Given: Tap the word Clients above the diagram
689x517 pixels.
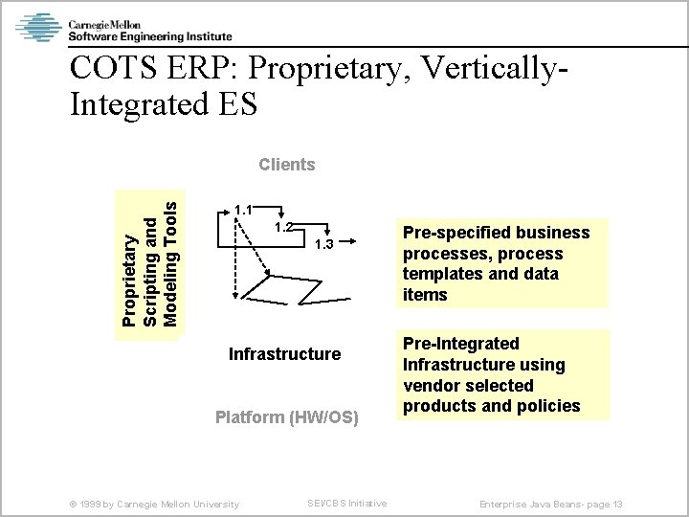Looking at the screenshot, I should pos(286,165).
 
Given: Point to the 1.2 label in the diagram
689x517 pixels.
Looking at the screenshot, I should pos(281,227).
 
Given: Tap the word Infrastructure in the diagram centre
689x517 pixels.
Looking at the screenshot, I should pos(284,354).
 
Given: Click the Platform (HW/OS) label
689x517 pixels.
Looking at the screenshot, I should pos(286,417).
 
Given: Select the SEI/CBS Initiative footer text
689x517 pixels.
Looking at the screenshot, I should pos(346,504).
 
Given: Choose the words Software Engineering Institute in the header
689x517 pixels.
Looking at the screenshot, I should pos(149,36).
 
